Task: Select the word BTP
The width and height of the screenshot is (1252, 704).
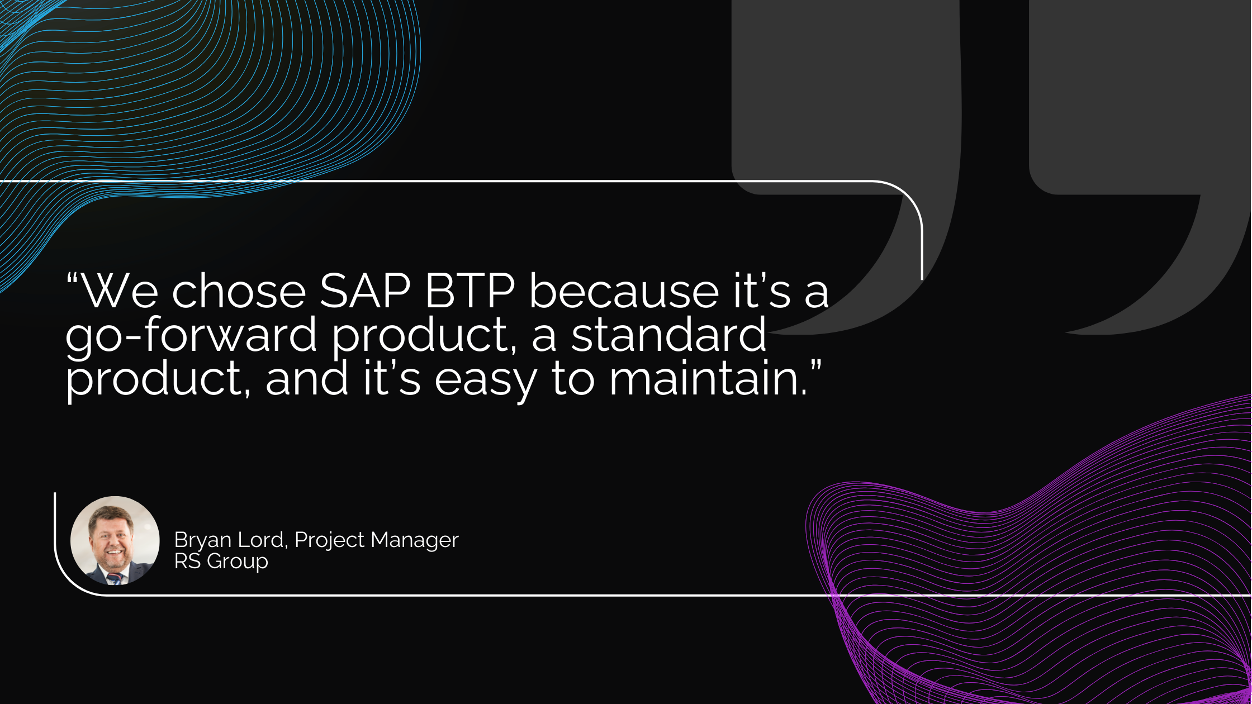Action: (470, 291)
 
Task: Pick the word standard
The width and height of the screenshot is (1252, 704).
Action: (668, 333)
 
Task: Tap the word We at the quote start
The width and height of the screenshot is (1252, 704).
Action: (120, 291)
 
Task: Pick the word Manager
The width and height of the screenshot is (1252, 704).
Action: (415, 541)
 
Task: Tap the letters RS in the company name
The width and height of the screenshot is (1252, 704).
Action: (187, 561)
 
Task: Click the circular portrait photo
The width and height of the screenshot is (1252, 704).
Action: (115, 541)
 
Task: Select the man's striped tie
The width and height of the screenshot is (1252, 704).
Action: (115, 578)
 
